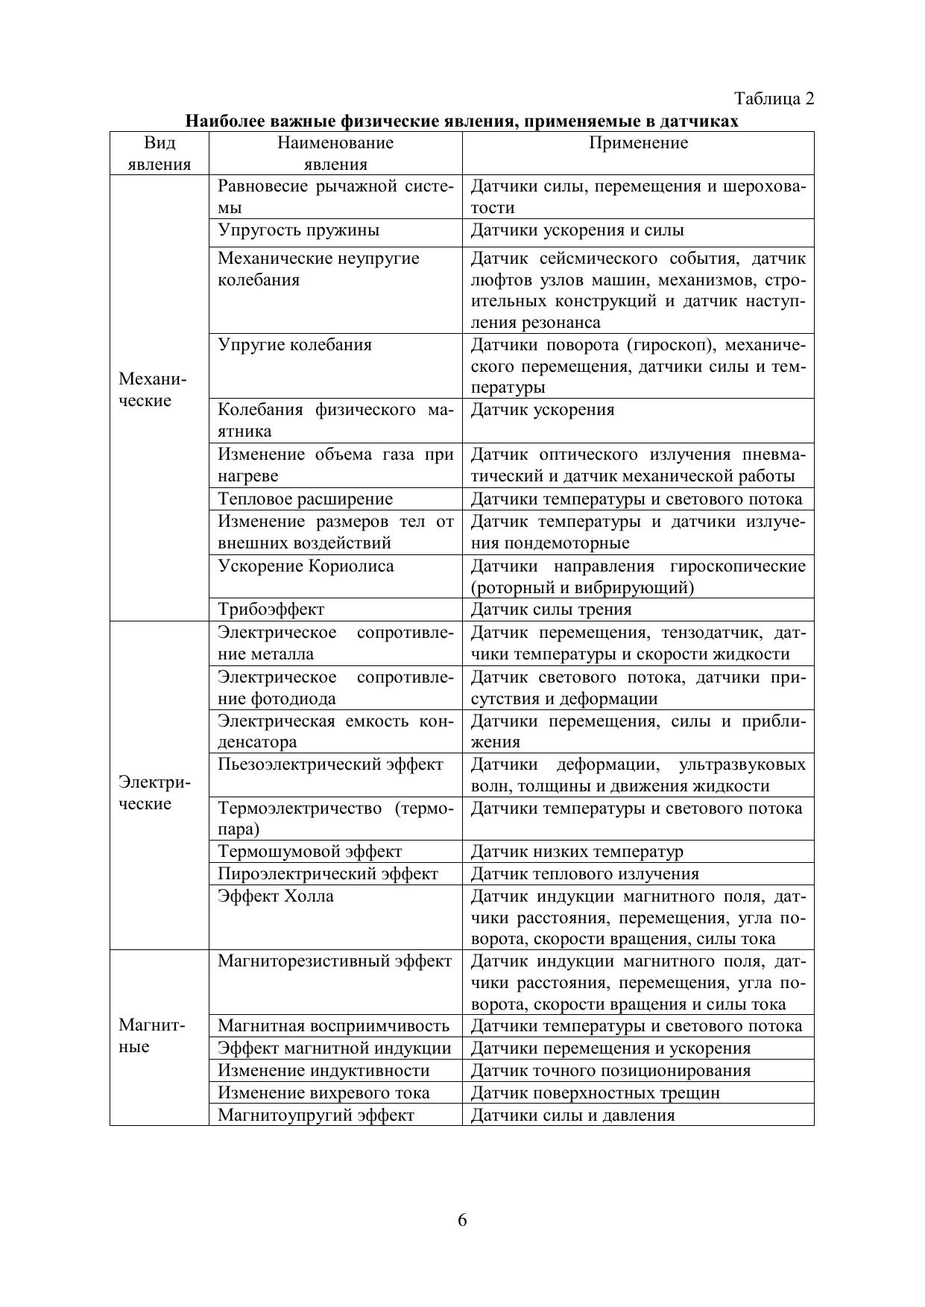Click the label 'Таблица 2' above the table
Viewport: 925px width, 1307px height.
774,98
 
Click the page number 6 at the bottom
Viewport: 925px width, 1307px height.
462,1220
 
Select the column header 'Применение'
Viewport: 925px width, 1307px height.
638,143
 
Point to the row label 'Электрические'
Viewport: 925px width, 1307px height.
154,793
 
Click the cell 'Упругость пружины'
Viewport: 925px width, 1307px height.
298,230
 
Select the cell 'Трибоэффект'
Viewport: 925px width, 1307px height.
271,610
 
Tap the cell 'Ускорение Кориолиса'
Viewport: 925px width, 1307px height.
306,566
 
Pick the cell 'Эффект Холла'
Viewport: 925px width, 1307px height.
276,896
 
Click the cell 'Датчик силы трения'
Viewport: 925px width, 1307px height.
551,610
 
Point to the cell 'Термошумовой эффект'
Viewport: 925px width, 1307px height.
309,852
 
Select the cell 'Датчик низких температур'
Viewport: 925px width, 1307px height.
576,852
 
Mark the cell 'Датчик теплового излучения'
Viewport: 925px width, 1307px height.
584,874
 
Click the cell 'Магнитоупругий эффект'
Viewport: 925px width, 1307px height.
315,1115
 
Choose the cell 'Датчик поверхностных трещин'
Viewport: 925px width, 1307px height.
595,1093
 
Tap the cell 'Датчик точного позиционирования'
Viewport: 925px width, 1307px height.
610,1071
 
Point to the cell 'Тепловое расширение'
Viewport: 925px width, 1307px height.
305,499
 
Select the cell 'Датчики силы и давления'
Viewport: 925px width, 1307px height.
572,1115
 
